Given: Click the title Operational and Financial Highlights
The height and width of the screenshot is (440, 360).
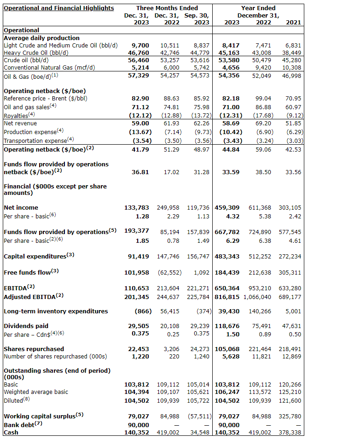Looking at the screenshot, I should click(x=58, y=8).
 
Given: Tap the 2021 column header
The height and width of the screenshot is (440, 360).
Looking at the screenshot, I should click(x=293, y=23).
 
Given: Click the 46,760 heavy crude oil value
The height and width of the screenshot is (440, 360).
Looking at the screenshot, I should click(x=138, y=53).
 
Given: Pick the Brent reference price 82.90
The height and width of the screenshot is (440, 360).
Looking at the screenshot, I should click(x=140, y=99).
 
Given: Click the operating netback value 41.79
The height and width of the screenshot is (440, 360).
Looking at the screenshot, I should click(x=140, y=150).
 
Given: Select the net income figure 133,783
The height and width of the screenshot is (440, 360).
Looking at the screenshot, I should click(x=137, y=208).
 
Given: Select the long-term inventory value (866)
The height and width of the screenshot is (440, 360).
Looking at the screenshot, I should click(x=140, y=311).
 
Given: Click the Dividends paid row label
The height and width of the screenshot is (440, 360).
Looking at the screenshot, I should click(x=26, y=326).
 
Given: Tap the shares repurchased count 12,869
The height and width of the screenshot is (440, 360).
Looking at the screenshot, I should click(x=292, y=356).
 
